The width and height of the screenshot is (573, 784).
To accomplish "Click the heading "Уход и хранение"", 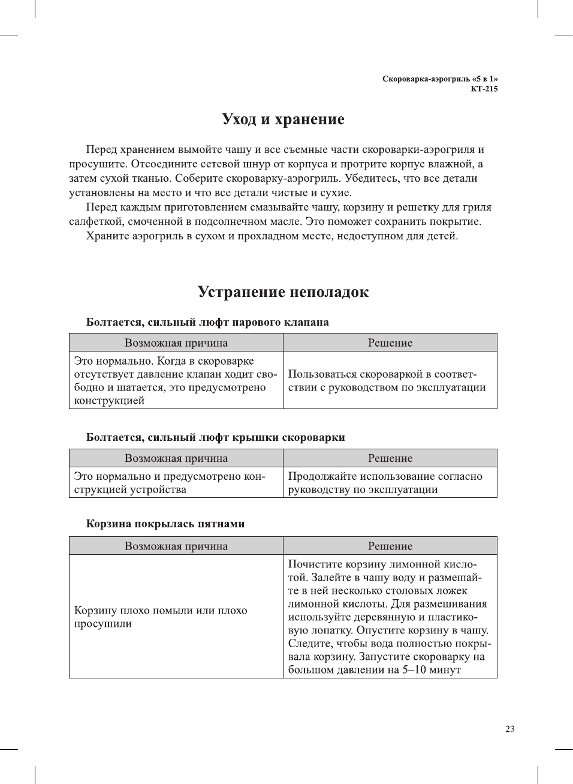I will coord(283,119).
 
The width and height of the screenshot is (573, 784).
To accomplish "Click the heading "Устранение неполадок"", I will coord(283,292).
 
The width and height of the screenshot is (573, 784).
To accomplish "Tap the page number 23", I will coord(509,729).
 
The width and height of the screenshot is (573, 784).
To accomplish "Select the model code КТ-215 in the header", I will coord(484,89).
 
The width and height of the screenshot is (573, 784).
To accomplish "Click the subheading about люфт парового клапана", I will coord(207,322).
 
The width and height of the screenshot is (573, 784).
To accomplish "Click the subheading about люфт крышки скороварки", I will coord(215,437).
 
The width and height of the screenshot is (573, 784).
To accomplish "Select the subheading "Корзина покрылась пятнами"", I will coord(165,524).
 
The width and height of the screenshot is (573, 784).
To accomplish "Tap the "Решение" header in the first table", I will coord(390,343).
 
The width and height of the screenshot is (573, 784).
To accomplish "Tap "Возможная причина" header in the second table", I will coord(176,458).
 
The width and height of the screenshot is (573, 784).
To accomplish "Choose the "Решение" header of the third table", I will coord(390,546).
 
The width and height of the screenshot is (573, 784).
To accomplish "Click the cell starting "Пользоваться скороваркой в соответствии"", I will coord(387,381).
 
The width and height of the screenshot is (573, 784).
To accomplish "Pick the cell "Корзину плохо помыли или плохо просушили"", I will coord(160,617).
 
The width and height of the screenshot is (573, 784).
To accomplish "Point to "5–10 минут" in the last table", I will coord(431,670).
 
